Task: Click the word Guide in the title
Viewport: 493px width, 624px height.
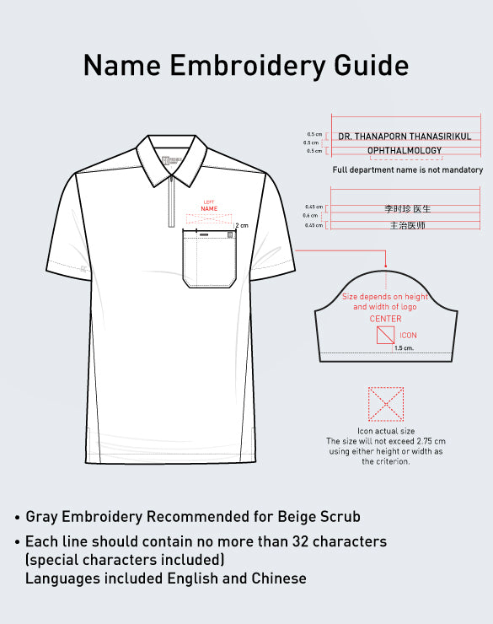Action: pyautogui.click(x=368, y=66)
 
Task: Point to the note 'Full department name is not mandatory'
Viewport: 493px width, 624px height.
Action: pyautogui.click(x=408, y=170)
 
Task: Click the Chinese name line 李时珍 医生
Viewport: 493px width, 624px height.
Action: pyautogui.click(x=408, y=208)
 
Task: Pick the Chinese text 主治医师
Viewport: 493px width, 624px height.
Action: pyautogui.click(x=408, y=226)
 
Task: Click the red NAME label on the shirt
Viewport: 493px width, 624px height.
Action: pyautogui.click(x=209, y=208)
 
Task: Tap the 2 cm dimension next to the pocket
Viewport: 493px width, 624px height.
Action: pyautogui.click(x=242, y=226)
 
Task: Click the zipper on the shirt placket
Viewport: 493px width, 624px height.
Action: pyautogui.click(x=172, y=202)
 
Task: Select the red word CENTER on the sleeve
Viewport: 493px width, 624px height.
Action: pyautogui.click(x=386, y=320)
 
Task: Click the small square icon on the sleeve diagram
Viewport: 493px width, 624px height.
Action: pyautogui.click(x=384, y=336)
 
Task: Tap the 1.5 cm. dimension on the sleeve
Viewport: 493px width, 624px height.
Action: pyautogui.click(x=405, y=347)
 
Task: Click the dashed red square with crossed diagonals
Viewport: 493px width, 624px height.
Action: pyautogui.click(x=386, y=404)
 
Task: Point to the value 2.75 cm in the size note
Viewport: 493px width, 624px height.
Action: pyautogui.click(x=431, y=442)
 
